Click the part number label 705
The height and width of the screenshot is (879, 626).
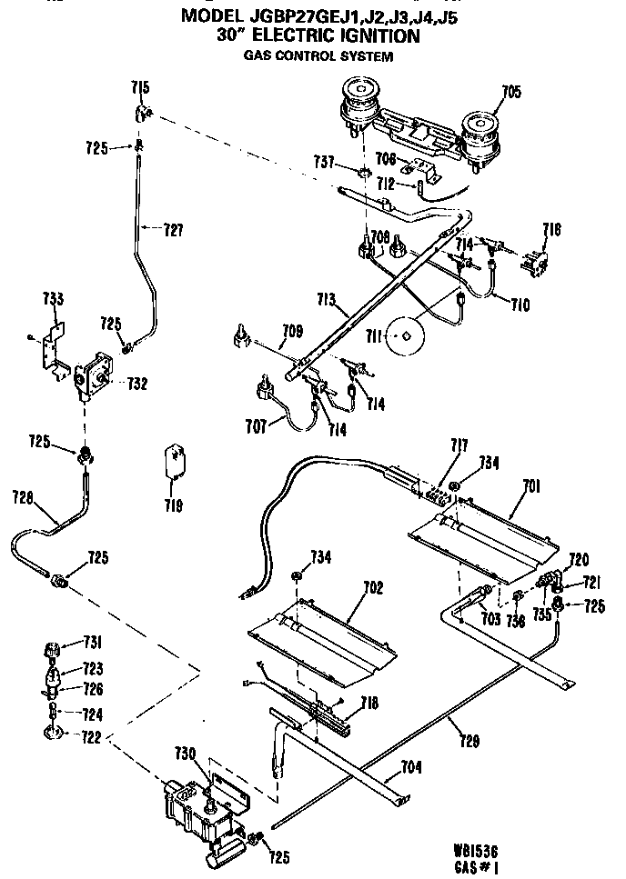[511, 90]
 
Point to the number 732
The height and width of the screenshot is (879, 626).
[137, 383]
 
